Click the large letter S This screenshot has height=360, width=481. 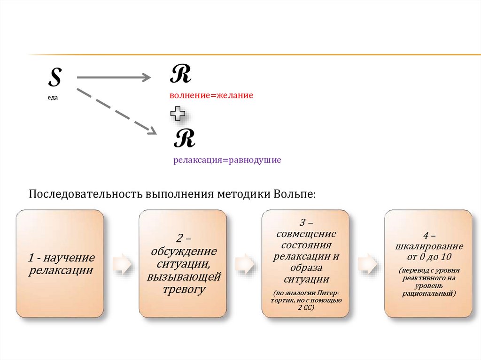pyautogui.click(x=55, y=78)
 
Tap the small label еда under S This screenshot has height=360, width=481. pyautogui.click(x=53, y=97)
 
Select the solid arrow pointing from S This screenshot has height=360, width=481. pyautogui.click(x=113, y=77)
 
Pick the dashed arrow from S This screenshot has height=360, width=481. pyautogui.click(x=116, y=111)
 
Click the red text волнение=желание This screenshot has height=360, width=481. pyautogui.click(x=211, y=95)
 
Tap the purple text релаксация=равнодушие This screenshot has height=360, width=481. pyautogui.click(x=227, y=160)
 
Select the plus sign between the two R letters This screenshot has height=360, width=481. pyautogui.click(x=178, y=113)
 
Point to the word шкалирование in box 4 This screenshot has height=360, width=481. pyautogui.click(x=428, y=246)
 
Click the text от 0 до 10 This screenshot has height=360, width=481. pyautogui.click(x=428, y=257)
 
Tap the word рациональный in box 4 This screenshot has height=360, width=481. pyautogui.click(x=428, y=293)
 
